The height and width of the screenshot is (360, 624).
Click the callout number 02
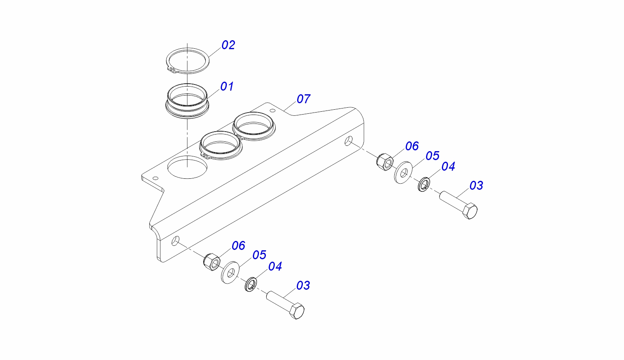point(228,45)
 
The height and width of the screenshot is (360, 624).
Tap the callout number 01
point(227,87)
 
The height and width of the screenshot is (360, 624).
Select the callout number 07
point(303,99)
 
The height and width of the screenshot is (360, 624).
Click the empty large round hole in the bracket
point(187,167)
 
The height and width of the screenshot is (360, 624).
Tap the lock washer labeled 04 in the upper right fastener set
point(424,184)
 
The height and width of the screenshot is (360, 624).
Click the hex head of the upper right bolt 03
point(470,211)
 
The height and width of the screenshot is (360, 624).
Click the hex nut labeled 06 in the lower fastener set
point(212,262)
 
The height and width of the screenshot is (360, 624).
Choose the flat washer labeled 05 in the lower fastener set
point(230,273)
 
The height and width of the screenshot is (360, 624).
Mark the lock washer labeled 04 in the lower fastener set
point(251,284)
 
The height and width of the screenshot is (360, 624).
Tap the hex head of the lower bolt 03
point(297,311)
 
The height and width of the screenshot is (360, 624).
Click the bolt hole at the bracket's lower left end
point(175,241)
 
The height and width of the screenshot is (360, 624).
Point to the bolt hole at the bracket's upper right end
point(348,141)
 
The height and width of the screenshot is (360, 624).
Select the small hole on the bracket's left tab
point(156,178)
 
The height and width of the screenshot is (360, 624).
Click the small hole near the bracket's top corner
point(273,111)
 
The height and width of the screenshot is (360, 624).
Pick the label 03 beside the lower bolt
point(303,286)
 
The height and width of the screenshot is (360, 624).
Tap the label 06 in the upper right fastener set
point(412,146)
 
